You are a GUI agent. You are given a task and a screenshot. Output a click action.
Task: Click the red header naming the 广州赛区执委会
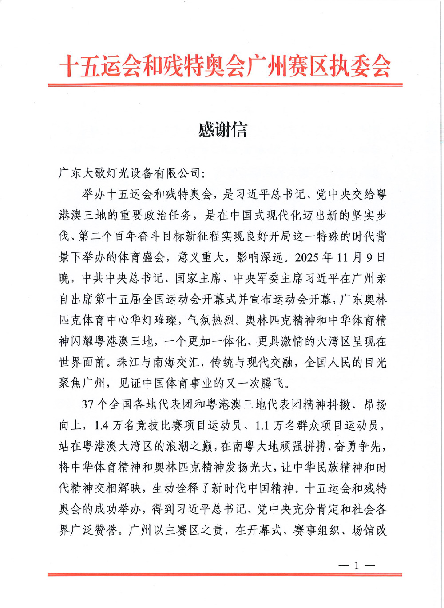pos(225,67)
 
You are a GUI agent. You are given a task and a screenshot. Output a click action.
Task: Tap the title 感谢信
pos(222,130)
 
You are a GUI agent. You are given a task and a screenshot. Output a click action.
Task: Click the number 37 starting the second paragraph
pos(88,404)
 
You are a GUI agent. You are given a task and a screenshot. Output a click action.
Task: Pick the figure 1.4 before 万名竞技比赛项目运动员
pos(102,425)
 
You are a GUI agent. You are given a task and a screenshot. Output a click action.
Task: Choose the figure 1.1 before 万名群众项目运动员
pos(262,425)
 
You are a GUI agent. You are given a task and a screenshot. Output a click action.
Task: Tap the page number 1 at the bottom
pos(357,565)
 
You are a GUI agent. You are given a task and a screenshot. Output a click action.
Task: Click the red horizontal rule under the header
pos(225,84)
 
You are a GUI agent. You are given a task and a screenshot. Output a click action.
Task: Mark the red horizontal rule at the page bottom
pos(225,575)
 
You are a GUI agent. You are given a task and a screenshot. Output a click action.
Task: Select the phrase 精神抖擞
pos(327,404)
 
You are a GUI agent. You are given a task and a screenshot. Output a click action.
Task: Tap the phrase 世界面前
pos(82,362)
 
